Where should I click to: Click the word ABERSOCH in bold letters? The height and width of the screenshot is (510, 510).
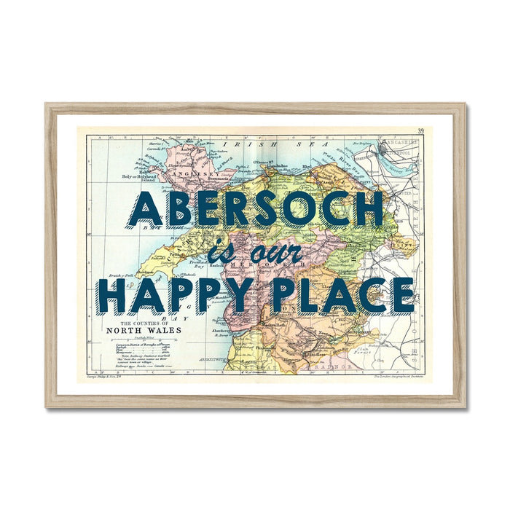pos(255,208)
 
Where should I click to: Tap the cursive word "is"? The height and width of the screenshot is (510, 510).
pos(218,253)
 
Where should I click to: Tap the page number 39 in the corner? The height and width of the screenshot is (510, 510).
pos(420,132)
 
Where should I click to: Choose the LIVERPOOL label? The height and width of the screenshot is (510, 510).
pos(398,154)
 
